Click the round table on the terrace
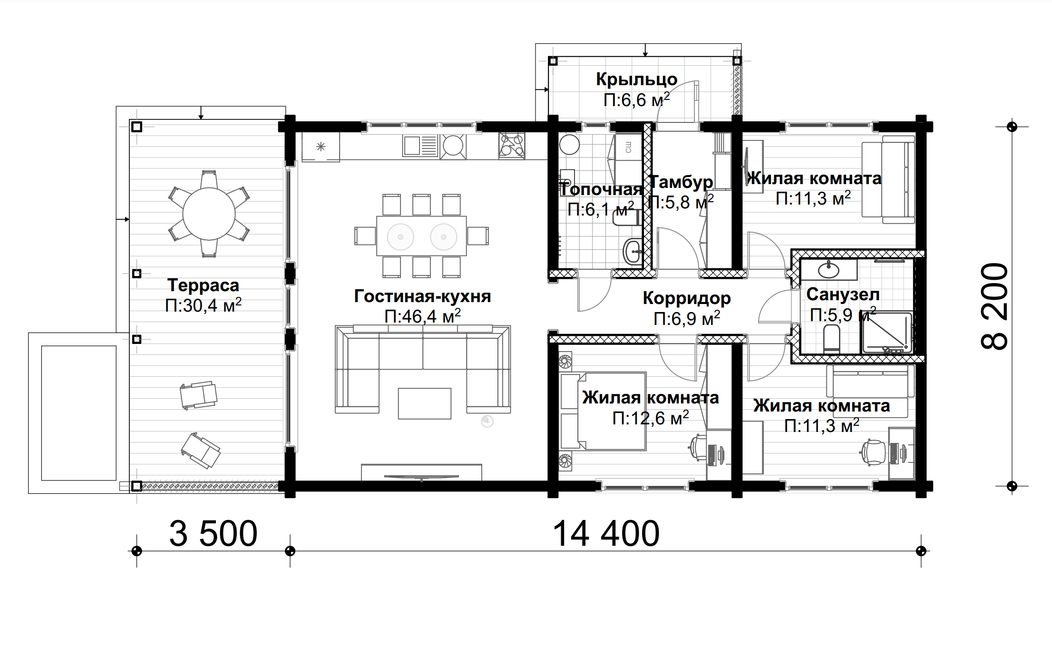[209, 214]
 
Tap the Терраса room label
[203, 285]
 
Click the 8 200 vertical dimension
[994, 306]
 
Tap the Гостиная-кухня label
[422, 296]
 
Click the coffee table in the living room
[424, 403]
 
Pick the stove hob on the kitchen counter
[512, 146]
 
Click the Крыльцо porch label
[637, 79]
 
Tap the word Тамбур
[682, 182]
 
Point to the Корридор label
[687, 298]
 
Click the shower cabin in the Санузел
[887, 333]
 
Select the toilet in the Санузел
[831, 339]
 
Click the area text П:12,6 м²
[651, 418]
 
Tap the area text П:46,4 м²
[422, 316]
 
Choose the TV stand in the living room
[421, 472]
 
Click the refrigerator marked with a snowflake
[321, 147]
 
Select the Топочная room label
[601, 189]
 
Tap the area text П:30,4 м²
[203, 305]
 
